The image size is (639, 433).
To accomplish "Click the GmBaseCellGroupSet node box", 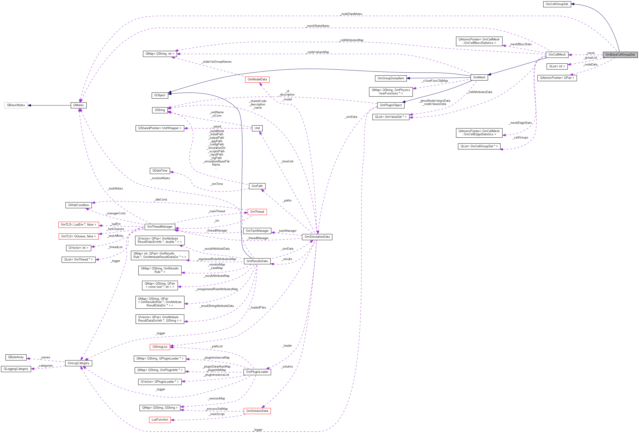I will pyautogui.click(x=620, y=54).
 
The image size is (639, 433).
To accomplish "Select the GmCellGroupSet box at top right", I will pyautogui.click(x=557, y=4).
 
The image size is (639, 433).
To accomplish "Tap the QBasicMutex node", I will pyautogui.click(x=16, y=105).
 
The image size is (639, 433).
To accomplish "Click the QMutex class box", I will pyautogui.click(x=78, y=105).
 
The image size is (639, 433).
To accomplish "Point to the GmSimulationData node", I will pyautogui.click(x=317, y=237).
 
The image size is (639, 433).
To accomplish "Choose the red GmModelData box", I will pyautogui.click(x=257, y=79).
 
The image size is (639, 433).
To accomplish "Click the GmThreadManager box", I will pyautogui.click(x=160, y=227).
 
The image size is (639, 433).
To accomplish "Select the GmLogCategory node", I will pyautogui.click(x=78, y=363).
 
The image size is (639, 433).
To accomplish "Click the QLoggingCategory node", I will pyautogui.click(x=16, y=369).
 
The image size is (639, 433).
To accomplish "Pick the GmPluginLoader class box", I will pyautogui.click(x=257, y=372).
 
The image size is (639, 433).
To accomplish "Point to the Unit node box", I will pyautogui.click(x=257, y=128).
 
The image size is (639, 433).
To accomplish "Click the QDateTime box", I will pyautogui.click(x=160, y=171).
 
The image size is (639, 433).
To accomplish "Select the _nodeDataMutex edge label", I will pyautogui.click(x=351, y=14).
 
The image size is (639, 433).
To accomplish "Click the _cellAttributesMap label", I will pyautogui.click(x=351, y=40).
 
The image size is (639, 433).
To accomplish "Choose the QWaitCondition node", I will pyautogui.click(x=79, y=205).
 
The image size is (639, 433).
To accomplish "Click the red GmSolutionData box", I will pyautogui.click(x=257, y=411).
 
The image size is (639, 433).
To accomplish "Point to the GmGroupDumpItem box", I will pyautogui.click(x=391, y=78).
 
